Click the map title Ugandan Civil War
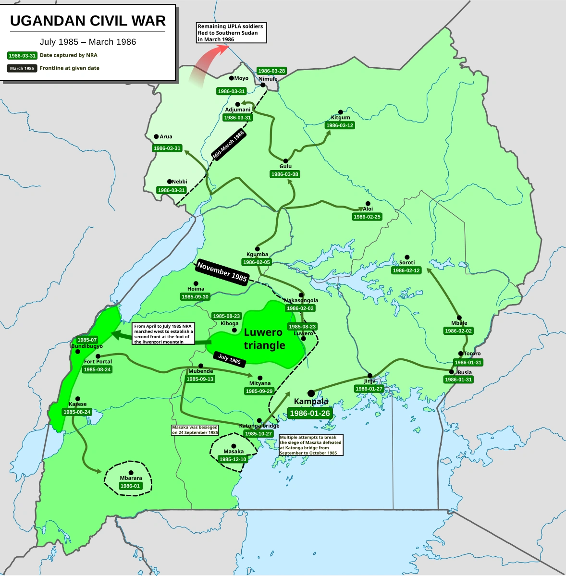[x=88, y=21]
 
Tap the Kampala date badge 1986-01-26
[x=310, y=413]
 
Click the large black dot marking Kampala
[x=311, y=393]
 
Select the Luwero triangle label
[x=264, y=339]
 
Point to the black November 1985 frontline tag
[x=222, y=272]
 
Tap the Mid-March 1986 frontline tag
[x=229, y=145]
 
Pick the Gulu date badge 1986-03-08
[x=284, y=174]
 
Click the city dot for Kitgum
[x=341, y=112]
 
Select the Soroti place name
[x=407, y=263]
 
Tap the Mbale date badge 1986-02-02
[x=458, y=331]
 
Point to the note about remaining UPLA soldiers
[x=231, y=33]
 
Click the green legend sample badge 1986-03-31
[x=22, y=56]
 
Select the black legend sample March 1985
[x=22, y=68]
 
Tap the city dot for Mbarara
[x=131, y=473]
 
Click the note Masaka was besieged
[x=195, y=430]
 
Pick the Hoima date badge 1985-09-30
[x=195, y=297]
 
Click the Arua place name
[x=166, y=137]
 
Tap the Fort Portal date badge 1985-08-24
[x=97, y=369]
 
